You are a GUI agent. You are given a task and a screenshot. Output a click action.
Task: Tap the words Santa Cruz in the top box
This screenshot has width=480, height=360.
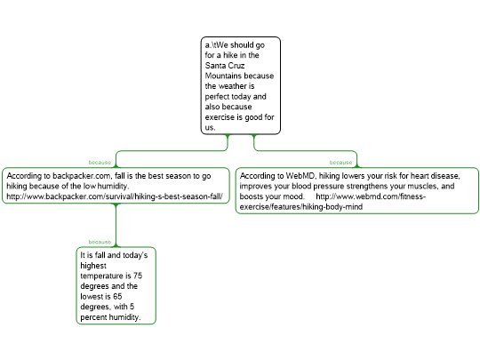(225, 66)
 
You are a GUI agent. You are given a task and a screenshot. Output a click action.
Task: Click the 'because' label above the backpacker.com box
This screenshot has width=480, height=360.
(100, 163)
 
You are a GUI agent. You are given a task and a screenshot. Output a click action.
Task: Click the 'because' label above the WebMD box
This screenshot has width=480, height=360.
(340, 163)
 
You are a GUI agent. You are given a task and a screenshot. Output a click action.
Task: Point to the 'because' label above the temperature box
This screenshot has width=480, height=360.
(100, 242)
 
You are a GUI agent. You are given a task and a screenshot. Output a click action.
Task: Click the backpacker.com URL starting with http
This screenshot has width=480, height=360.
(115, 196)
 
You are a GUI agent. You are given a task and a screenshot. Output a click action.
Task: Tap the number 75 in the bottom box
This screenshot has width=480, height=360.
(138, 276)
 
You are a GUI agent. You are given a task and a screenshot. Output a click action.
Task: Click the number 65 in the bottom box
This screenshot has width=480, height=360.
(117, 296)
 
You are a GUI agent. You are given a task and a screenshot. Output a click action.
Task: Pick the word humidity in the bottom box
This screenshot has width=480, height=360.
(124, 317)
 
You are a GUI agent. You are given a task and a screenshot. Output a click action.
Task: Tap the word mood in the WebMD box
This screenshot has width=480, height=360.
(294, 196)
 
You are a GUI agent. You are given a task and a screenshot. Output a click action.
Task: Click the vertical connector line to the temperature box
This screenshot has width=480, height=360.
(116, 225)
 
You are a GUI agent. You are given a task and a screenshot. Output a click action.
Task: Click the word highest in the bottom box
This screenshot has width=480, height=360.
(93, 266)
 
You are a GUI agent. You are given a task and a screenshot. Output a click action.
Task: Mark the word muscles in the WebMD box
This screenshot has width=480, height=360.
(414, 186)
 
